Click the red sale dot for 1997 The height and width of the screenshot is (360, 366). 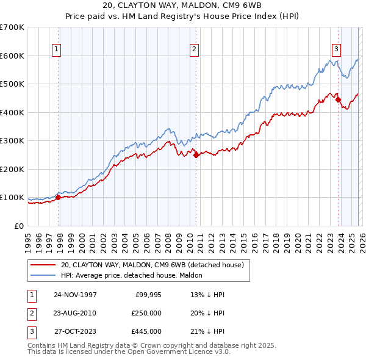(x=59, y=197)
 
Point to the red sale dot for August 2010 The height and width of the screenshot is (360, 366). (x=196, y=155)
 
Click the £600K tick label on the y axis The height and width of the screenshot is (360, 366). (x=12, y=56)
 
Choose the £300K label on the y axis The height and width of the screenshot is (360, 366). (x=12, y=141)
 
